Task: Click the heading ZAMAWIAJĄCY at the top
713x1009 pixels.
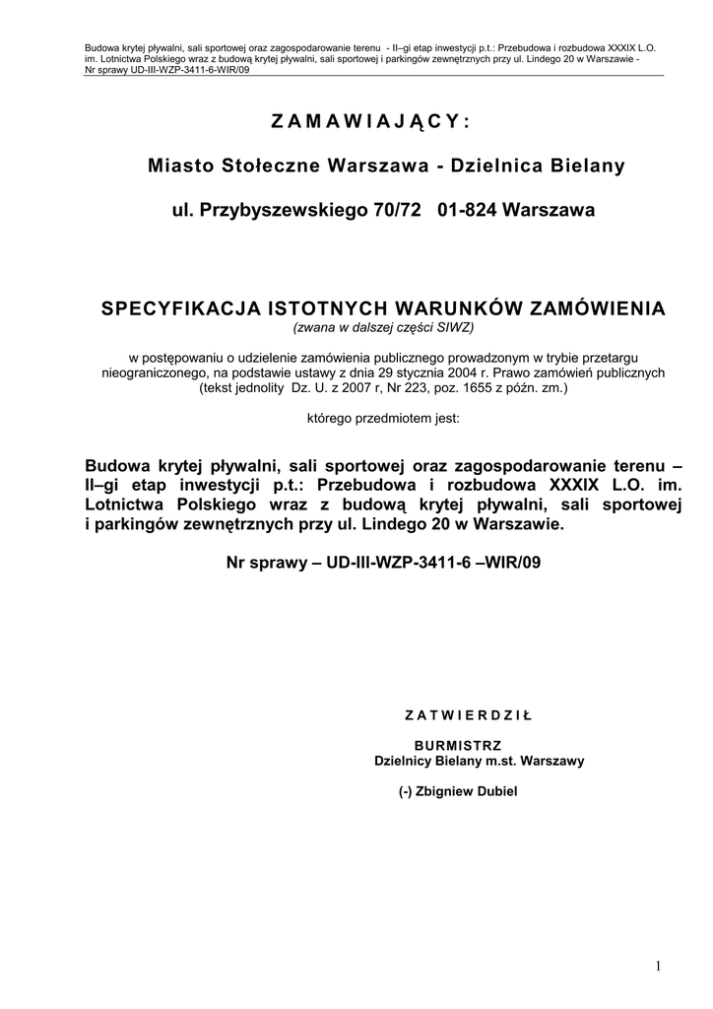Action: coord(370,121)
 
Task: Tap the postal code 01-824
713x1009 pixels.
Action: coord(465,210)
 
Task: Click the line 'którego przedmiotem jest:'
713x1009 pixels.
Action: coord(384,418)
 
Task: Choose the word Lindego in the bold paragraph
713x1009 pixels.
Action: coord(395,524)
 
